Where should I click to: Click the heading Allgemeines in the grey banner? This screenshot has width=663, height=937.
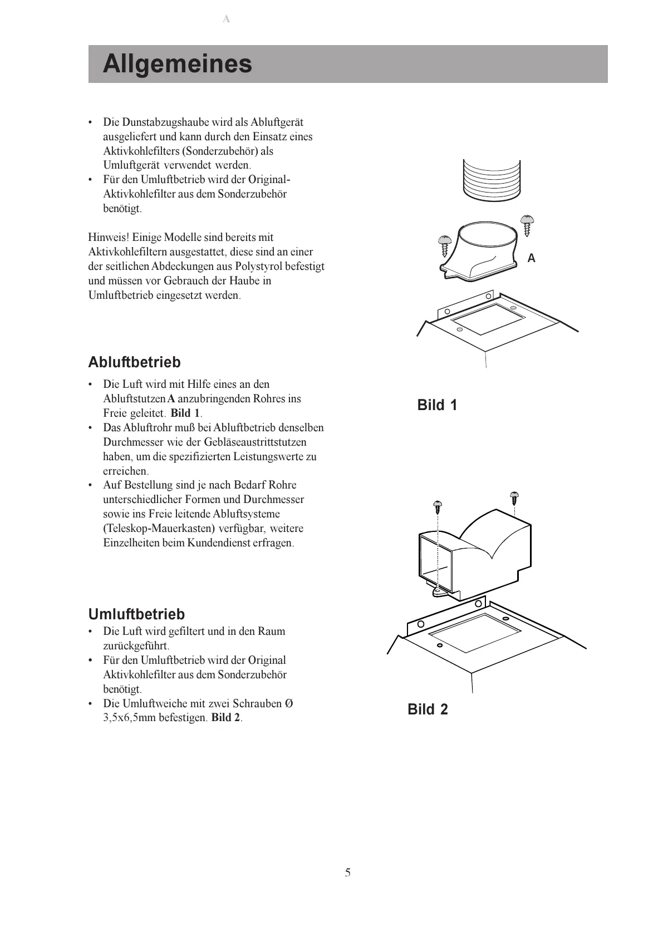(178, 64)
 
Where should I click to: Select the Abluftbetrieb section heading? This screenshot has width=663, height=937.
(134, 362)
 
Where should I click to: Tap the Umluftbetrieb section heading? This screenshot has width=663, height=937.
(136, 614)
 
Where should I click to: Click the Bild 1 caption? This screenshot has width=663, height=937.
(437, 405)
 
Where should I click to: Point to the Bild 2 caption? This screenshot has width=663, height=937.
(428, 709)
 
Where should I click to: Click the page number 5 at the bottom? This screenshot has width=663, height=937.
(348, 872)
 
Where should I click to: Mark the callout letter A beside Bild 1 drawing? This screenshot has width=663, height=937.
(531, 258)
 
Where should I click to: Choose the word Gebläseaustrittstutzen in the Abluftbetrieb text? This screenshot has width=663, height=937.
(255, 442)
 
